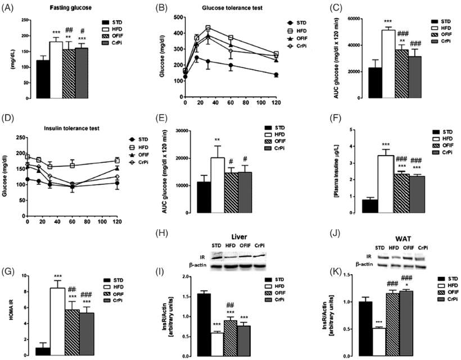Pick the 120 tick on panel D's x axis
point(116,221)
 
